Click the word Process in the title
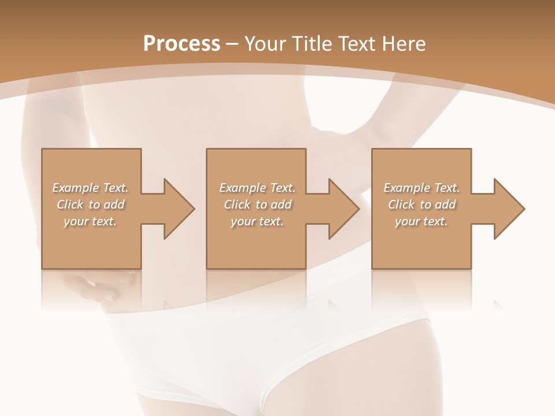click(182, 44)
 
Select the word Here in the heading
click(405, 44)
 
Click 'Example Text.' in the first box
click(90, 188)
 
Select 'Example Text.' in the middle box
click(257, 188)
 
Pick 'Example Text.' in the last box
click(421, 188)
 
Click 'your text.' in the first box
click(90, 221)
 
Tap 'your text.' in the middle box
click(257, 221)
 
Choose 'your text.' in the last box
click(421, 221)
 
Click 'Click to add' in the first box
click(90, 205)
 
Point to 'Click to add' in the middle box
click(257, 205)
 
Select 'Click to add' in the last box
click(421, 205)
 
